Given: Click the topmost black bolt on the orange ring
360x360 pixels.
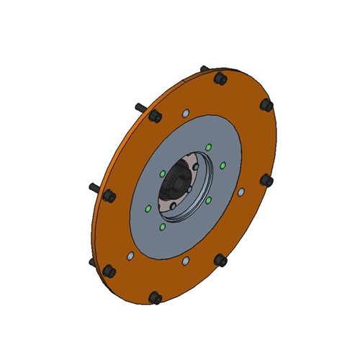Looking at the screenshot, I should [x=220, y=78].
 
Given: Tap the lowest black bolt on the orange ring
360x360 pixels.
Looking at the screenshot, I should [x=155, y=297].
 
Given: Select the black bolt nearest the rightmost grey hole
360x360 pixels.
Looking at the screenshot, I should [x=266, y=180].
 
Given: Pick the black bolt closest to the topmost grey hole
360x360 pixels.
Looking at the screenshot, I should [x=156, y=118].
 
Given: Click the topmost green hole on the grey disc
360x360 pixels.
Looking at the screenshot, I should [x=208, y=147].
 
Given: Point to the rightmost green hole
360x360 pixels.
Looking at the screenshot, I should [x=224, y=166].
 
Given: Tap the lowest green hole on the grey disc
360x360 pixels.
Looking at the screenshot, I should [x=162, y=227].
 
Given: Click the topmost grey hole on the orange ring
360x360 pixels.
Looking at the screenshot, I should [x=185, y=113].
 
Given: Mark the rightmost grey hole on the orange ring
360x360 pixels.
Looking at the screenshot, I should [x=241, y=192].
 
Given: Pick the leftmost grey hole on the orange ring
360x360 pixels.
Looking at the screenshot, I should [x=130, y=255].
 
